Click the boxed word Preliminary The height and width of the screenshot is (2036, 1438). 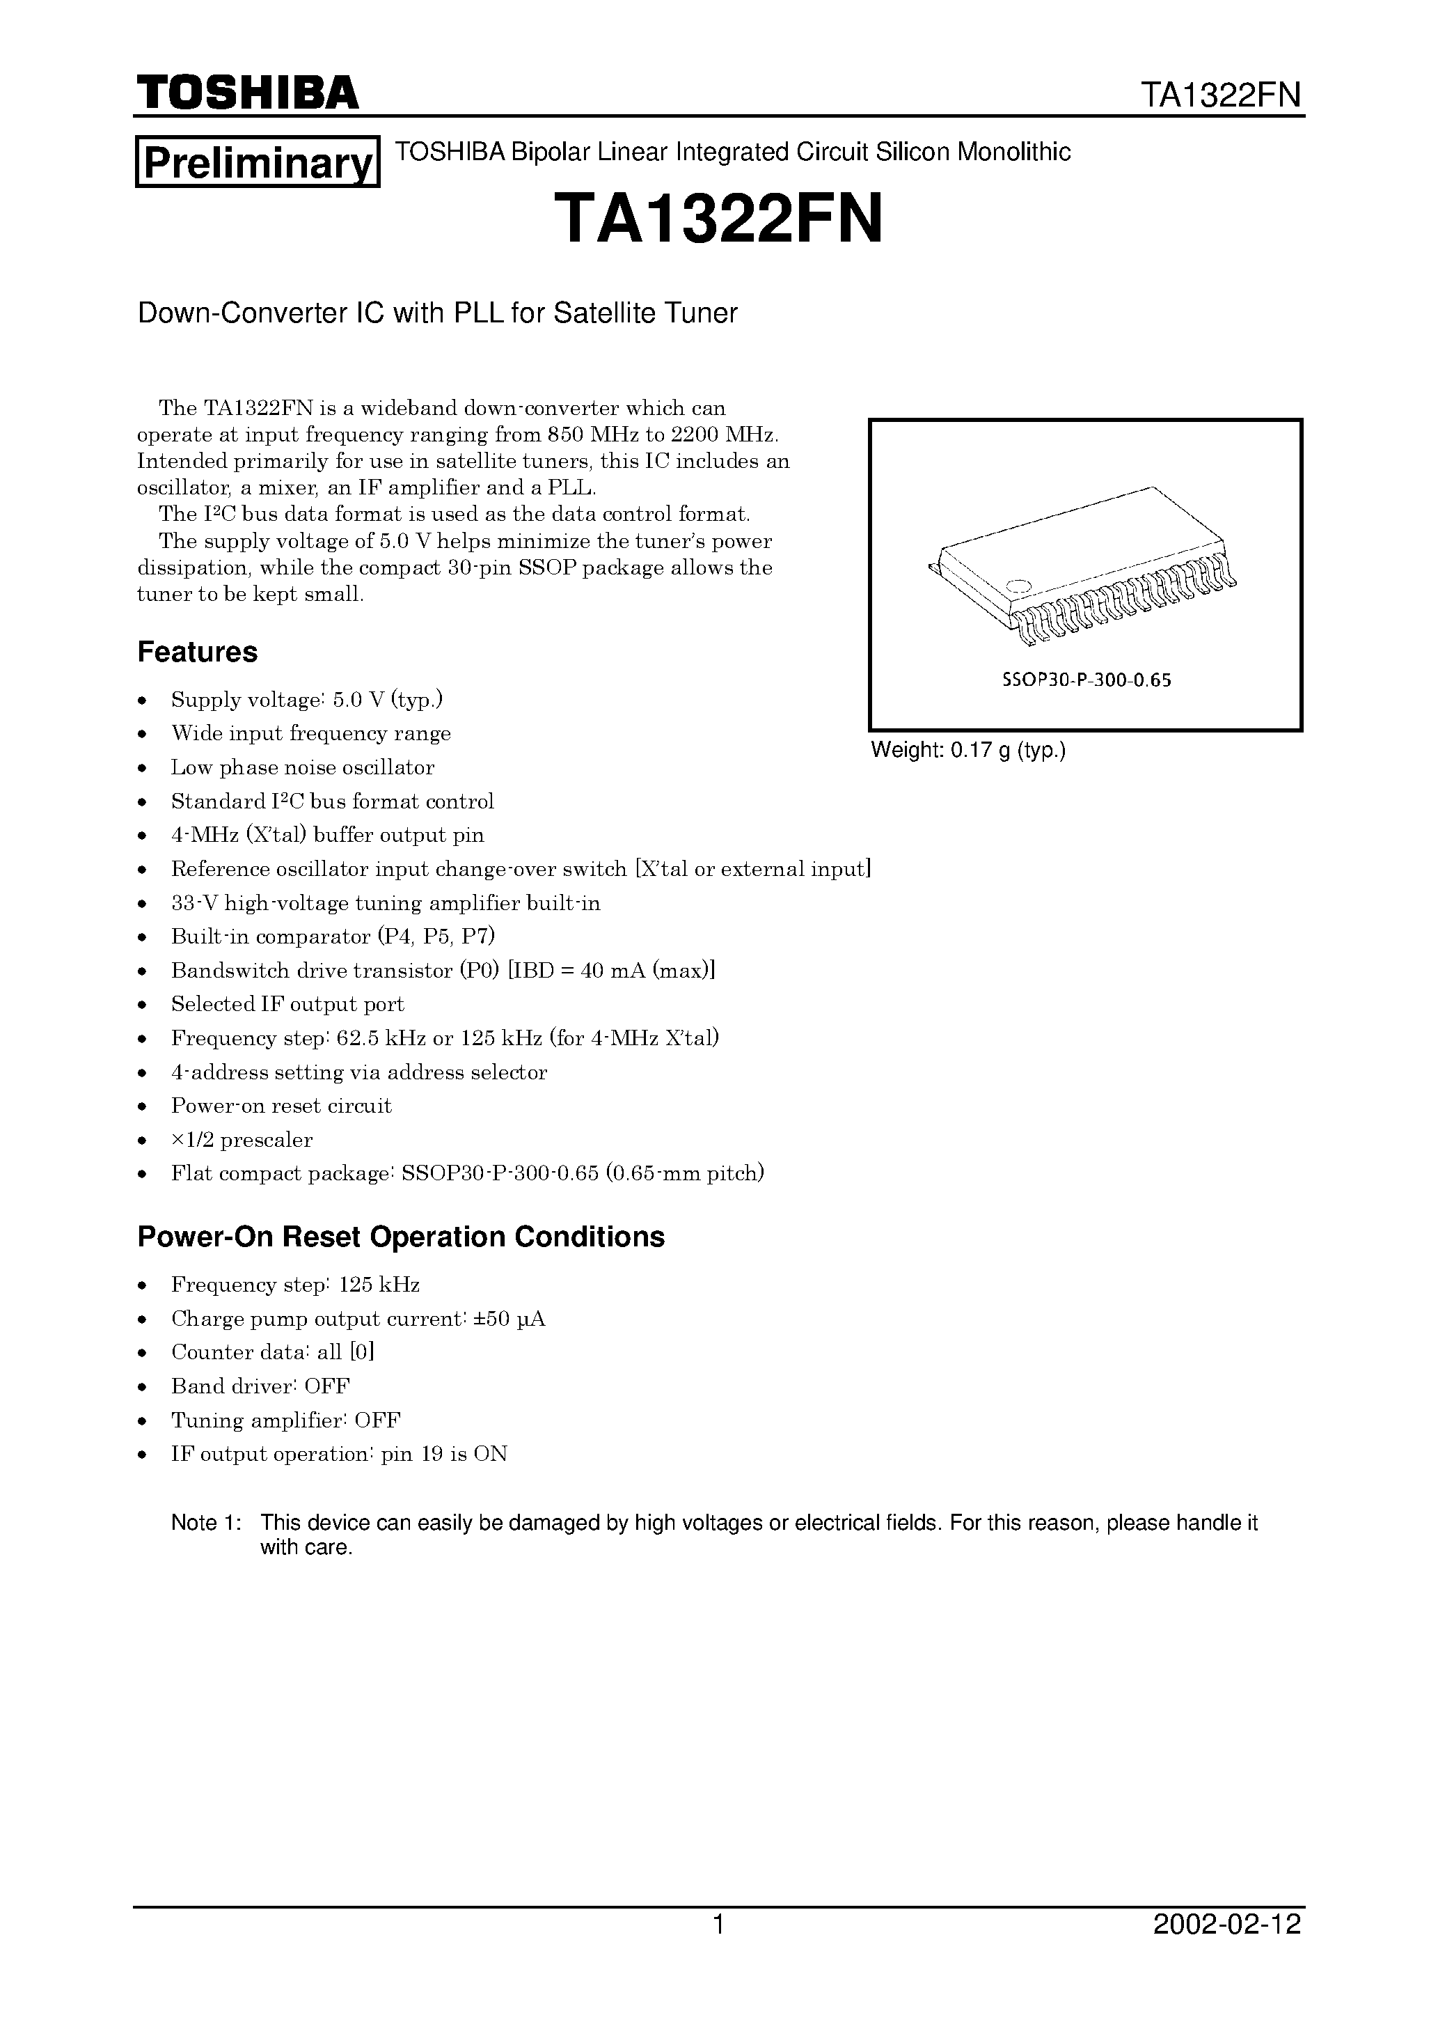[x=257, y=162]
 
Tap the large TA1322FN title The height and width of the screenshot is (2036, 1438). [x=719, y=220]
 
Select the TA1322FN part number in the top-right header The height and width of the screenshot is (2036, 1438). [x=1221, y=95]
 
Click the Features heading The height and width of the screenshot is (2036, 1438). [x=197, y=652]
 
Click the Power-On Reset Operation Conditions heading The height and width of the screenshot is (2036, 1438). [x=401, y=1236]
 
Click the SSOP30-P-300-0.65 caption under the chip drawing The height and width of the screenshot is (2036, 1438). [x=1086, y=680]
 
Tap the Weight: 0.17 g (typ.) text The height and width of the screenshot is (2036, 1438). [x=968, y=750]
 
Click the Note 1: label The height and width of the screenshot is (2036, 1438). [x=206, y=1524]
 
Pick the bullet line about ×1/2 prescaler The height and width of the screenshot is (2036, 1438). [x=241, y=1139]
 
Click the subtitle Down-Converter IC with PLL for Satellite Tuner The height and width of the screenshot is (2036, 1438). [x=437, y=313]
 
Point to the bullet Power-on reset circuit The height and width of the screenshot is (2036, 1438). [x=281, y=1106]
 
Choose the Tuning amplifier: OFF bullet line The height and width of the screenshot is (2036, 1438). [x=285, y=1420]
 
